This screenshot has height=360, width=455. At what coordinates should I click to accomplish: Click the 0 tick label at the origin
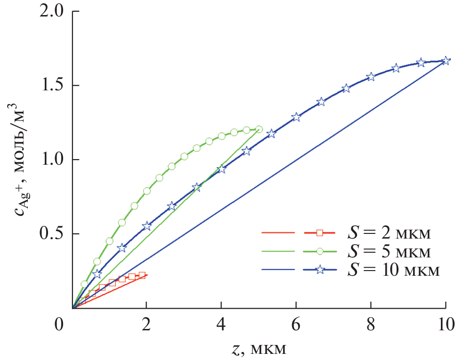coord(58,325)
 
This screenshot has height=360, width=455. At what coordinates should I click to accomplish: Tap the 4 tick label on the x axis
coord(221,325)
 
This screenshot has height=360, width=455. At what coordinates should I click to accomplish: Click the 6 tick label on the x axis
coord(296,325)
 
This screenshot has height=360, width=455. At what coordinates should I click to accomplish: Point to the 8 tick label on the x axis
coord(370,325)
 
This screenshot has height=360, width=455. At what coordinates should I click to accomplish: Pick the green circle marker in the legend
coord(319,251)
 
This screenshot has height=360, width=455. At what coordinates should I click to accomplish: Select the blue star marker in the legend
coord(319,270)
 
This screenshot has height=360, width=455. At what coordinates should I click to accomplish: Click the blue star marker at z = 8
coord(371,77)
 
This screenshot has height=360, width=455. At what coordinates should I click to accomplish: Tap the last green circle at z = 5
coord(259,129)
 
